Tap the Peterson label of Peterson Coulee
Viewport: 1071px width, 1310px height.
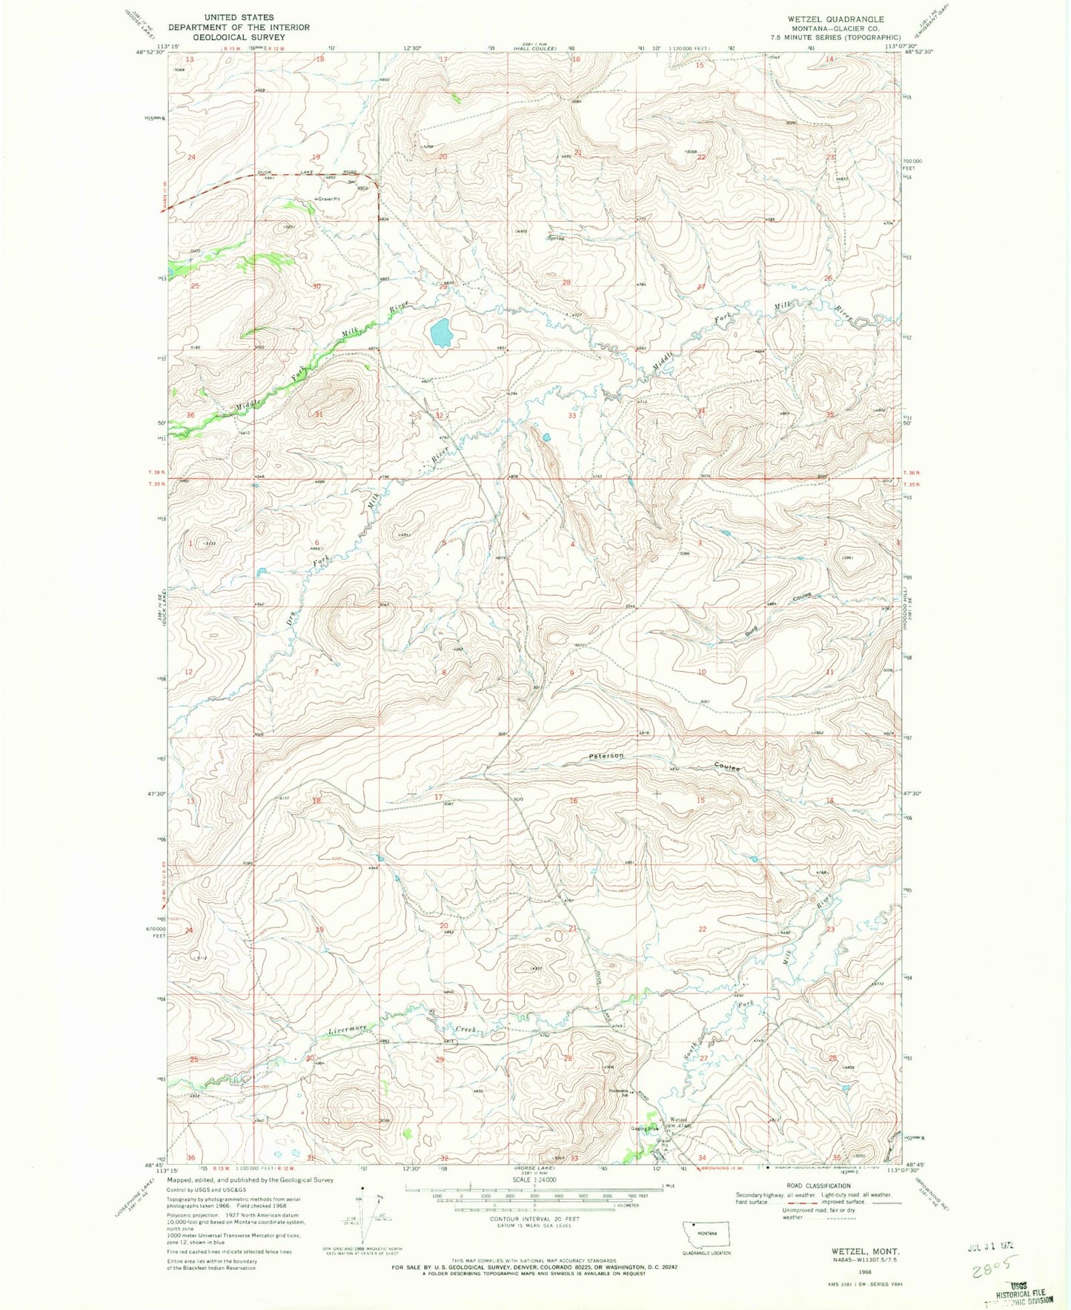point(606,755)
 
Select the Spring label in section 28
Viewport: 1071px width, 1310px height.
point(556,238)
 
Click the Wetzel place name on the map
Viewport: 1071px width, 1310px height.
point(678,1119)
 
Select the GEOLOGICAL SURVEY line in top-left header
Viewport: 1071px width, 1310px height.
point(239,36)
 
